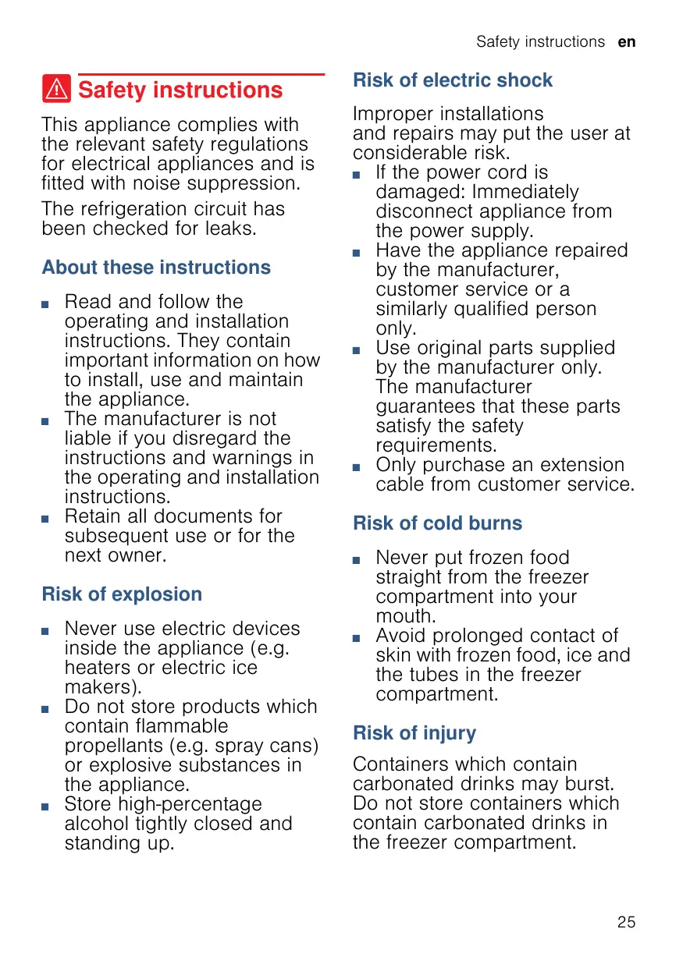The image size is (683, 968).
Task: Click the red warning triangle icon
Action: pos(57,90)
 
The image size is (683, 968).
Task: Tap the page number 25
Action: pos(626,922)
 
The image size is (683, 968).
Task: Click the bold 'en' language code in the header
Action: pos(627,42)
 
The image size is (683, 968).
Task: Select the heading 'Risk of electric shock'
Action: pos(453,80)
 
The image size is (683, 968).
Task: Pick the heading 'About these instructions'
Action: pos(156,268)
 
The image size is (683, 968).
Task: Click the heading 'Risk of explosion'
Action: pos(122,594)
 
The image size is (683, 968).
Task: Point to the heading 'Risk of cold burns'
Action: pos(437,523)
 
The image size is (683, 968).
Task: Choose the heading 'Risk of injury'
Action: pos(414,733)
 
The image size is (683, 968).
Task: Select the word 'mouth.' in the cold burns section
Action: pos(404,616)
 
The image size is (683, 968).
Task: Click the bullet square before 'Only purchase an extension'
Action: pos(358,466)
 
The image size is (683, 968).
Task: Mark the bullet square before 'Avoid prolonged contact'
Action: pos(358,637)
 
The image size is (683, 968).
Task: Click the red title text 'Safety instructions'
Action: pos(180,90)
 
